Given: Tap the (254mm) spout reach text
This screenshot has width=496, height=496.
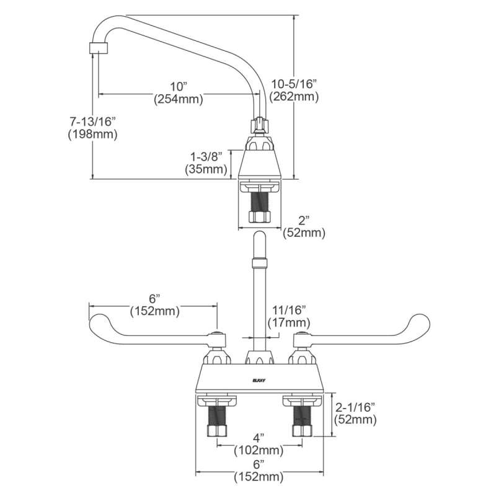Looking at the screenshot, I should click(179, 98).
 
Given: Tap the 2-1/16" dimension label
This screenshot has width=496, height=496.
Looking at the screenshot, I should click(355, 407).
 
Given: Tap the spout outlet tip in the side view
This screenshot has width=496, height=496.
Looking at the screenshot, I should click(95, 48).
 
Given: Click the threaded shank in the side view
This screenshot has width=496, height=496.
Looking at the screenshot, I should click(259, 205).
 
